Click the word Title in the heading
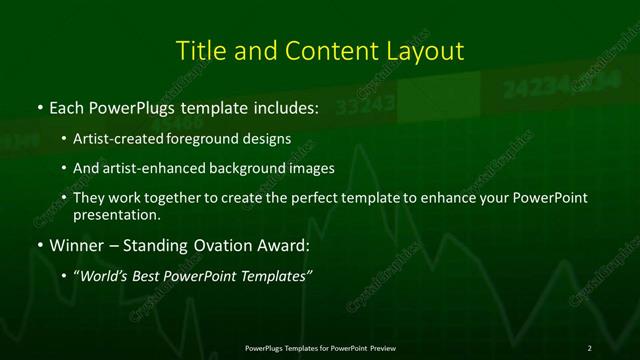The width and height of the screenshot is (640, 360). click(197, 50)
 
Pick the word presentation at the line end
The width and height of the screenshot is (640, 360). click(116, 214)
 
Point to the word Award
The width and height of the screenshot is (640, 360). click(278, 246)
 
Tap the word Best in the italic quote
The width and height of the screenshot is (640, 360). click(154, 275)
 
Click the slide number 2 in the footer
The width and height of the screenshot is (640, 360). click(590, 347)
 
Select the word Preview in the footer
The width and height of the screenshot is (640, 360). click(381, 347)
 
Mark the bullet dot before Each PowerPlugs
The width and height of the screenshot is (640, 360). click(39, 106)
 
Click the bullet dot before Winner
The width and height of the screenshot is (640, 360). click(39, 246)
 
